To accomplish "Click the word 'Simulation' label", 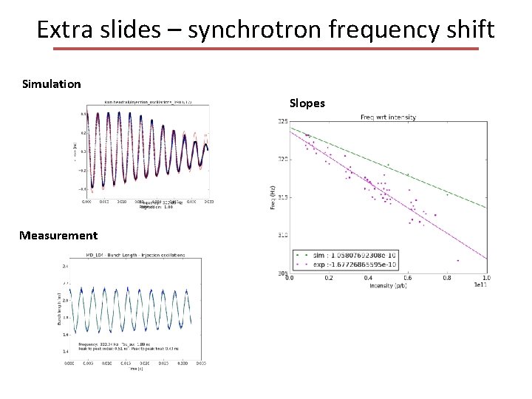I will (52, 84).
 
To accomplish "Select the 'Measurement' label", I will (59, 236).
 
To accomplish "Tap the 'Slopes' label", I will (307, 103).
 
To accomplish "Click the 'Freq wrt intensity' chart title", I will (388, 117).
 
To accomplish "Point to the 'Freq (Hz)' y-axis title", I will (272, 197).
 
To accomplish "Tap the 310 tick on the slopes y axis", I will (282, 236).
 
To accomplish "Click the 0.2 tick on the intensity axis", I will (328, 279).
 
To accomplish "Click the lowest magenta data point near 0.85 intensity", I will (458, 260).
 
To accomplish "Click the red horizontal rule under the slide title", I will (266, 50).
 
